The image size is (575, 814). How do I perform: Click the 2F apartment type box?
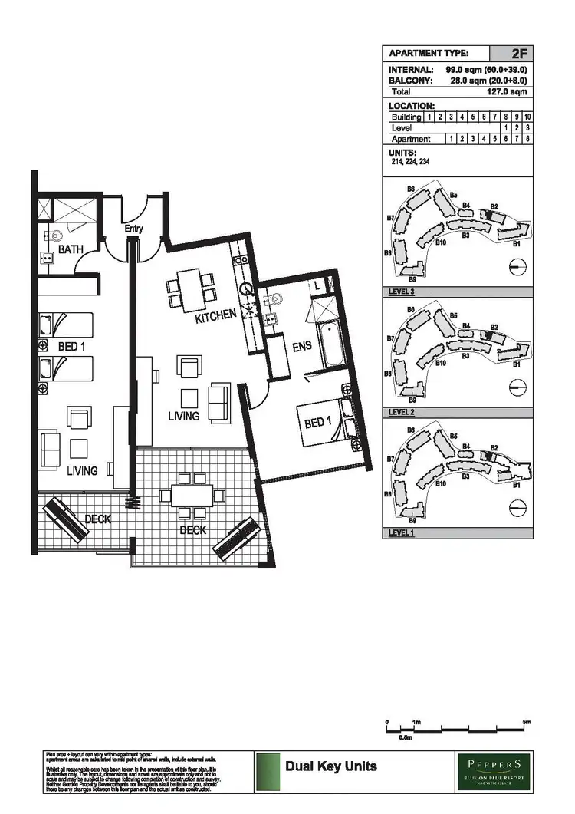tap(511, 54)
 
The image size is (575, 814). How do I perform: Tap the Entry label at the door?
tap(134, 229)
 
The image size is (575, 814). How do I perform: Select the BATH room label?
tap(71, 250)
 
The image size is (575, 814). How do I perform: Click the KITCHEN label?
tap(215, 317)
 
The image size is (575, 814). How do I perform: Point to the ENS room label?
tap(302, 346)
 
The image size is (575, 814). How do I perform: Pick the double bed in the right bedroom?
tap(327, 424)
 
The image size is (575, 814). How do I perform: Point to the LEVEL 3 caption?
tap(402, 292)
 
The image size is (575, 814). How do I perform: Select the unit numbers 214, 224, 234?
tap(408, 162)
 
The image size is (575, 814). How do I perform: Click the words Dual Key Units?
tap(330, 766)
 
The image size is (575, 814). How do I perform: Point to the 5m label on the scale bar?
tap(526, 722)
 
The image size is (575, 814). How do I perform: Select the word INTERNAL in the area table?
tap(412, 70)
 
